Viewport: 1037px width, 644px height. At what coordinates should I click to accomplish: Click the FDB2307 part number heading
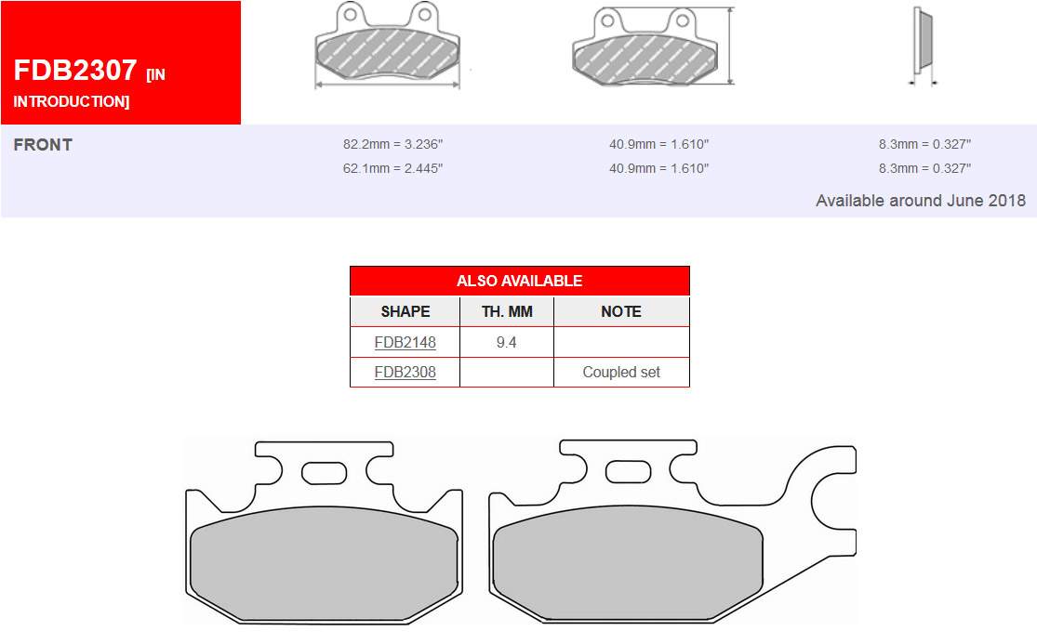coord(75,70)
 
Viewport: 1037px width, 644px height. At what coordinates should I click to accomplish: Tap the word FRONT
coord(43,145)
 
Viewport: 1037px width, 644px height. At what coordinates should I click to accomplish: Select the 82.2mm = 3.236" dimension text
coord(392,144)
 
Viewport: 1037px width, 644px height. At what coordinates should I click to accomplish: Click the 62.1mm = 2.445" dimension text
coord(392,168)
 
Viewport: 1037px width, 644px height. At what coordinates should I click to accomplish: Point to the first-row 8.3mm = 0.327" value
coord(924,144)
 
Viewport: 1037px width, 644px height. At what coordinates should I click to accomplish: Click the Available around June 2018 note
coord(921,201)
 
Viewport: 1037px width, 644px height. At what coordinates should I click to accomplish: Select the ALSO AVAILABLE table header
coord(519,281)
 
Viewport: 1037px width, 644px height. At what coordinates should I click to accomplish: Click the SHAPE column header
coord(405,311)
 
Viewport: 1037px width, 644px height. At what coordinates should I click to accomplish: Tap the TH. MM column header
coord(507,311)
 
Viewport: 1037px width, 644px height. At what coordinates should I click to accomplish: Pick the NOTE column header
coord(621,311)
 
